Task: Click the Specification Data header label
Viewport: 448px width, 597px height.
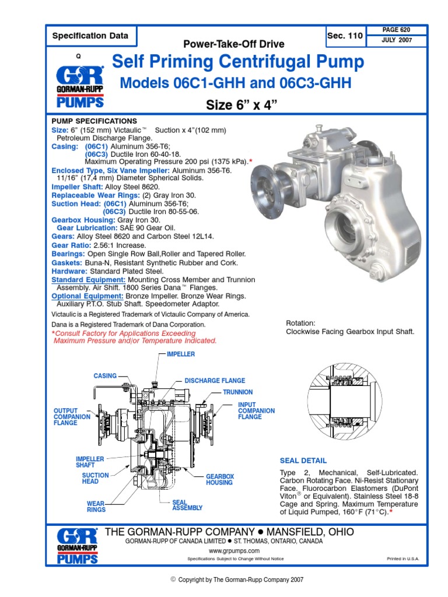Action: [90, 36]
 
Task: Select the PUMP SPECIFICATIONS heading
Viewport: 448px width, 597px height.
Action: [94, 121]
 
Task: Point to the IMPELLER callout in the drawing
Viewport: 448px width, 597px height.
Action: [180, 354]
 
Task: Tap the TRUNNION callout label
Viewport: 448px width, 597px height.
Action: [237, 392]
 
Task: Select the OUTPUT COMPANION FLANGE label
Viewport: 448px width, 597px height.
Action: [72, 417]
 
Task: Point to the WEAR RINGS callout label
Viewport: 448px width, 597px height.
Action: [96, 505]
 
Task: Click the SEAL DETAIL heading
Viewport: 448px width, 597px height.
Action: [303, 461]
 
